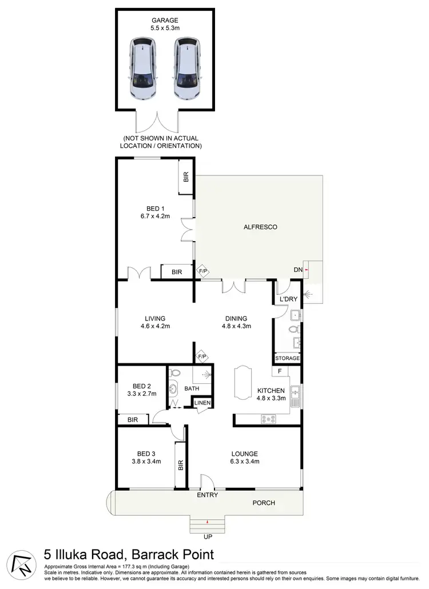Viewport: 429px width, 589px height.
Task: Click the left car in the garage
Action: (x=142, y=69)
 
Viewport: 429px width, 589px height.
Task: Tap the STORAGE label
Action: (x=287, y=358)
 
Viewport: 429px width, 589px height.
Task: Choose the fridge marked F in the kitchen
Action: (x=280, y=371)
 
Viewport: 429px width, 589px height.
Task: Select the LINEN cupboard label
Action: (x=202, y=403)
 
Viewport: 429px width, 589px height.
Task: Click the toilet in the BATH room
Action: (x=176, y=373)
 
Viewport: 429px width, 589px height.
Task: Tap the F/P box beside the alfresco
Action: (x=202, y=272)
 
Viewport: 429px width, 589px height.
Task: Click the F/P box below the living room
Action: (x=202, y=358)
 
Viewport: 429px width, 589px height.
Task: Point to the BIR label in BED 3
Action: (x=180, y=466)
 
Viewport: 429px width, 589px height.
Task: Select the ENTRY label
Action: (x=208, y=496)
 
